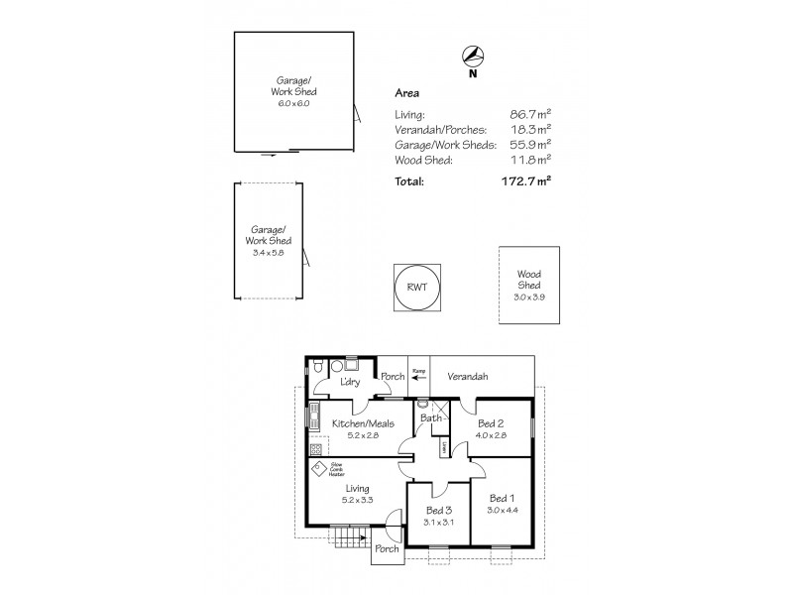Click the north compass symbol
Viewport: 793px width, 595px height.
tap(474, 56)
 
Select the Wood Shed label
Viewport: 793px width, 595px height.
tap(527, 280)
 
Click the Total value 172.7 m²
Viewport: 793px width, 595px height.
tap(525, 181)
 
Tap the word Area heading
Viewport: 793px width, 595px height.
tap(406, 93)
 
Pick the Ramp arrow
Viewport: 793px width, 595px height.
tap(418, 377)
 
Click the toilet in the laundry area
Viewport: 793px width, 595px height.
tap(314, 369)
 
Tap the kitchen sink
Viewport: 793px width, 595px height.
tap(316, 414)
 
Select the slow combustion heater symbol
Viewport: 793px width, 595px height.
tap(319, 469)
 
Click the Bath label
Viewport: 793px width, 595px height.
tap(430, 417)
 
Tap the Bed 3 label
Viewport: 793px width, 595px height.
tap(438, 512)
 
